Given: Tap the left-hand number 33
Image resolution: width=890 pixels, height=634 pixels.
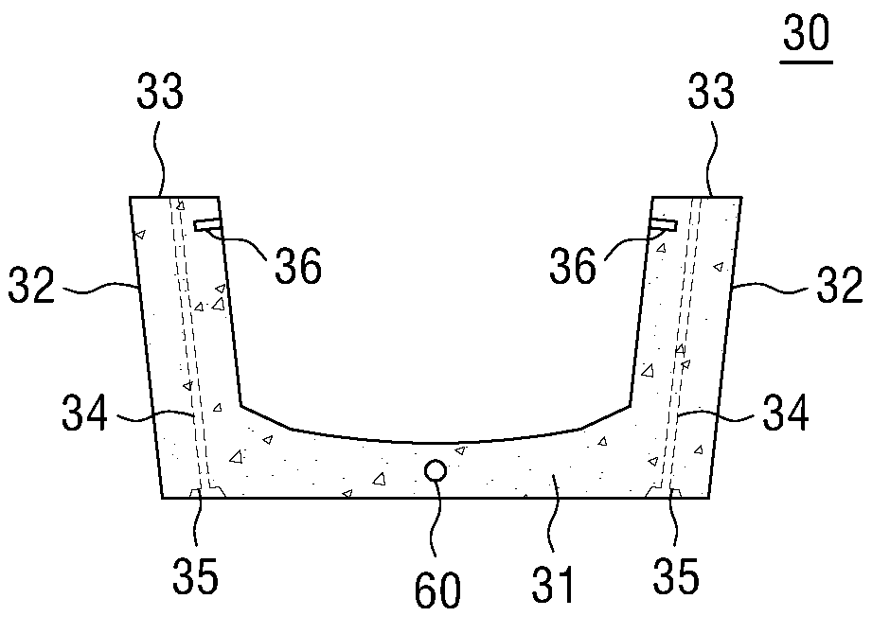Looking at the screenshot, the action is pos(160,91).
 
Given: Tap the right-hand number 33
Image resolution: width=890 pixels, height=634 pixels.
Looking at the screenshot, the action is pos(711,91).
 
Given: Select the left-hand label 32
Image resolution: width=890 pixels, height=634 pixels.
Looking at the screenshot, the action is pos(31,285).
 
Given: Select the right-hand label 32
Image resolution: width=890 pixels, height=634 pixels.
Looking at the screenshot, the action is pos(840,285).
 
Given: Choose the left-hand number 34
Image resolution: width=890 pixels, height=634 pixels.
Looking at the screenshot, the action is pos(84,413).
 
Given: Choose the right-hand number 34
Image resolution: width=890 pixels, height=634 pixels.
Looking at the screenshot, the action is pos(786,413).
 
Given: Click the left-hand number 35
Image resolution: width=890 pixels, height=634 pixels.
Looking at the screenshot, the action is pos(195,575).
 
